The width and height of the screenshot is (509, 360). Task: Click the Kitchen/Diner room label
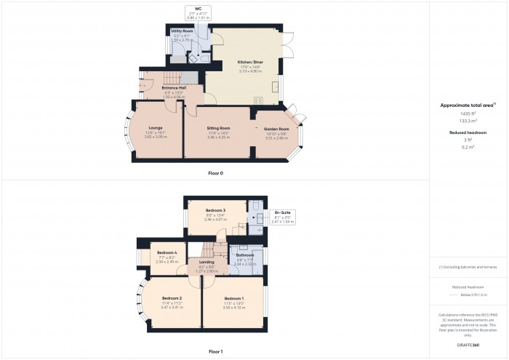(249, 63)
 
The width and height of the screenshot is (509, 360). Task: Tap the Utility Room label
(183, 32)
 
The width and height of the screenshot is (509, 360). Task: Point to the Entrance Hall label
(173, 88)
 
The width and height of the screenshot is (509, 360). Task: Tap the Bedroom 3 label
(215, 210)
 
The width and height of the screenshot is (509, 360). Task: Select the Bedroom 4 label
(167, 252)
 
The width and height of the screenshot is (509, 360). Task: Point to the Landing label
(207, 262)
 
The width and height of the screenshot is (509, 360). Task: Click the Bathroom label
(244, 255)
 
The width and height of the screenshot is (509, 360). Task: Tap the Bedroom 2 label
(171, 299)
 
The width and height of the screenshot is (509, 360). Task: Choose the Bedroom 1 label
(233, 299)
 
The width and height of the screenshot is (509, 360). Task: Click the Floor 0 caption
(215, 173)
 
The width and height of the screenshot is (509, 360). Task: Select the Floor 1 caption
(215, 351)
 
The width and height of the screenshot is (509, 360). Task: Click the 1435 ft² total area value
(468, 115)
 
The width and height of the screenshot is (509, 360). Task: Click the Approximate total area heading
(468, 105)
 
